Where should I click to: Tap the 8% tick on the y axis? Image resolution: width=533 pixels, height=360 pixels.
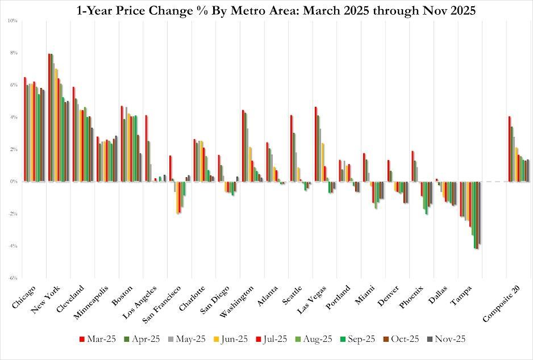click(13, 53)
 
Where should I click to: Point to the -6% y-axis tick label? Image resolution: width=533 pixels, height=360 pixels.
click(12, 278)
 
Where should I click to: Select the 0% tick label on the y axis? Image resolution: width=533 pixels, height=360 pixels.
click(13, 182)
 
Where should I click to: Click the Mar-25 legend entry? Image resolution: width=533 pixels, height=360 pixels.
click(98, 338)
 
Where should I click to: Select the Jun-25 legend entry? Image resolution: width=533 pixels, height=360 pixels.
click(235, 338)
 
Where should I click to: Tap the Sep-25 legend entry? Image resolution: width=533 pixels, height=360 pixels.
click(358, 338)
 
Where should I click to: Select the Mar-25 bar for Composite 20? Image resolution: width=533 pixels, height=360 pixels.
click(510, 149)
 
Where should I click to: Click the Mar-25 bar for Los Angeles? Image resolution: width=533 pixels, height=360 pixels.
click(147, 148)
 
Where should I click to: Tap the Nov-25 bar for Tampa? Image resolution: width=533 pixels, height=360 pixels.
click(480, 213)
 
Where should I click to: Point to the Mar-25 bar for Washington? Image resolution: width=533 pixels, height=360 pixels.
click(243, 146)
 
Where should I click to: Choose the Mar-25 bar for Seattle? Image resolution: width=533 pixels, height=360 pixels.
click(292, 148)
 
